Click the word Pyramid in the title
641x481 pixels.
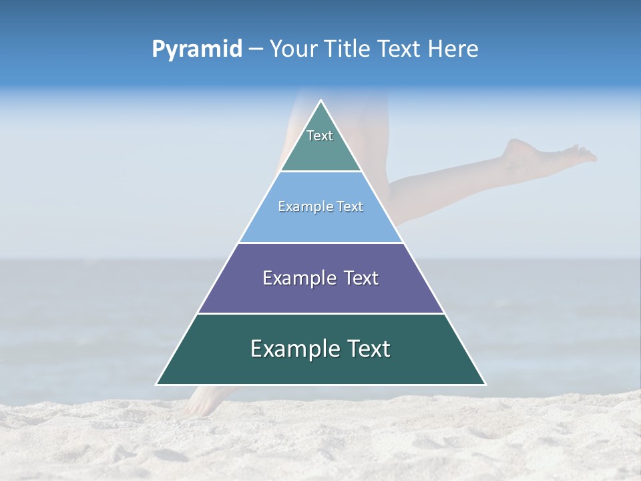pyautogui.click(x=196, y=49)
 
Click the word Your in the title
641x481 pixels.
pyautogui.click(x=294, y=49)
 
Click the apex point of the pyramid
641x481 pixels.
pyautogui.click(x=321, y=101)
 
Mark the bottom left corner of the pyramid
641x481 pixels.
pyautogui.click(x=157, y=384)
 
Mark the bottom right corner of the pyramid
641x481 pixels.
pyautogui.click(x=485, y=384)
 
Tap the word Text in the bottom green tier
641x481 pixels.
pyautogui.click(x=367, y=349)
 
